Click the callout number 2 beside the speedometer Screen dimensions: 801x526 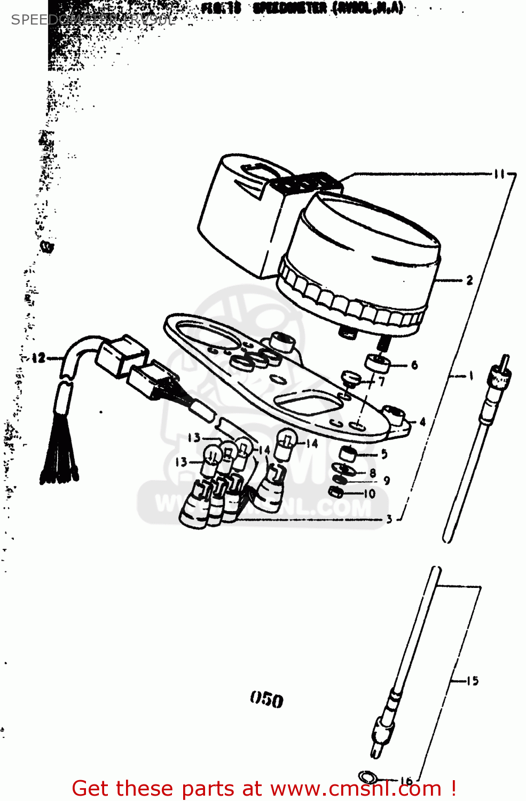[469, 280]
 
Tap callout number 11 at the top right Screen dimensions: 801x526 [499, 174]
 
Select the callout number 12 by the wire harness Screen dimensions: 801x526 [38, 358]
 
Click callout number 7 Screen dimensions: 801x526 [382, 382]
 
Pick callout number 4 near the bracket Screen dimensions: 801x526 [422, 422]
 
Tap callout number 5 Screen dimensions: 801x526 [384, 454]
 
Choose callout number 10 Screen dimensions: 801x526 [370, 494]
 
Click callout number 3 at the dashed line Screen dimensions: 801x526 [389, 519]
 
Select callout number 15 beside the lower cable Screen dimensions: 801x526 [473, 681]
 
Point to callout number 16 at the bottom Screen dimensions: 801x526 [406, 780]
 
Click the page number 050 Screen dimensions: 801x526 [266, 699]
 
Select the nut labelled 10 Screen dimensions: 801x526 [336, 492]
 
